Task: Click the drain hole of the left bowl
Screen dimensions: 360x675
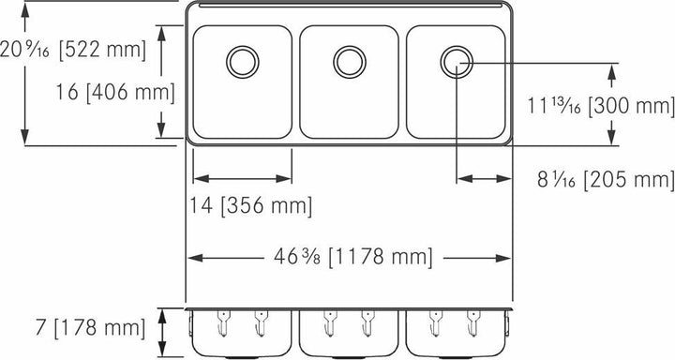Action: click(x=242, y=62)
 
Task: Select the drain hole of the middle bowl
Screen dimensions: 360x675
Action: click(x=349, y=62)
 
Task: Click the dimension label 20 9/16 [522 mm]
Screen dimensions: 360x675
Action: click(x=74, y=50)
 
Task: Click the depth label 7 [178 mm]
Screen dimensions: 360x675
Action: click(x=74, y=328)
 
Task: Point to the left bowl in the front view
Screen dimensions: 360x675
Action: click(x=242, y=333)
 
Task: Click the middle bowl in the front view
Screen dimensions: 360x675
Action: click(x=349, y=333)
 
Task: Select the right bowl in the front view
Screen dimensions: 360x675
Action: click(x=457, y=333)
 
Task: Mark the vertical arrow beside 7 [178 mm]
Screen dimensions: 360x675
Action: click(x=165, y=328)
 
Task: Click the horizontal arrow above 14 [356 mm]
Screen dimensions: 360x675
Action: click(x=242, y=178)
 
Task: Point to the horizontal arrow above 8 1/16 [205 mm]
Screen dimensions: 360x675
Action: click(x=484, y=178)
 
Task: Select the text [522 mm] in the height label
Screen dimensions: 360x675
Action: click(x=101, y=50)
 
